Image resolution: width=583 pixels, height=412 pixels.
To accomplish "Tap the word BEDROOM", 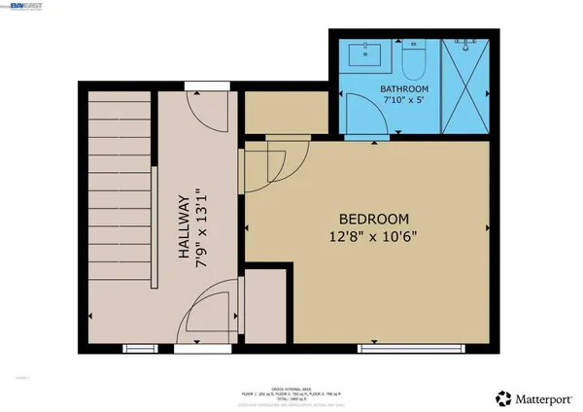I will [373, 219].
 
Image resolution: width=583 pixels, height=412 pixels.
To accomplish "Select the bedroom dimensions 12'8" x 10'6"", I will [373, 236].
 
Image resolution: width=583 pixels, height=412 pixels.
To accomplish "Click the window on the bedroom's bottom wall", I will [398, 347].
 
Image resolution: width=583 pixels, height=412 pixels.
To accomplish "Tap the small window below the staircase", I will [137, 347].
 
